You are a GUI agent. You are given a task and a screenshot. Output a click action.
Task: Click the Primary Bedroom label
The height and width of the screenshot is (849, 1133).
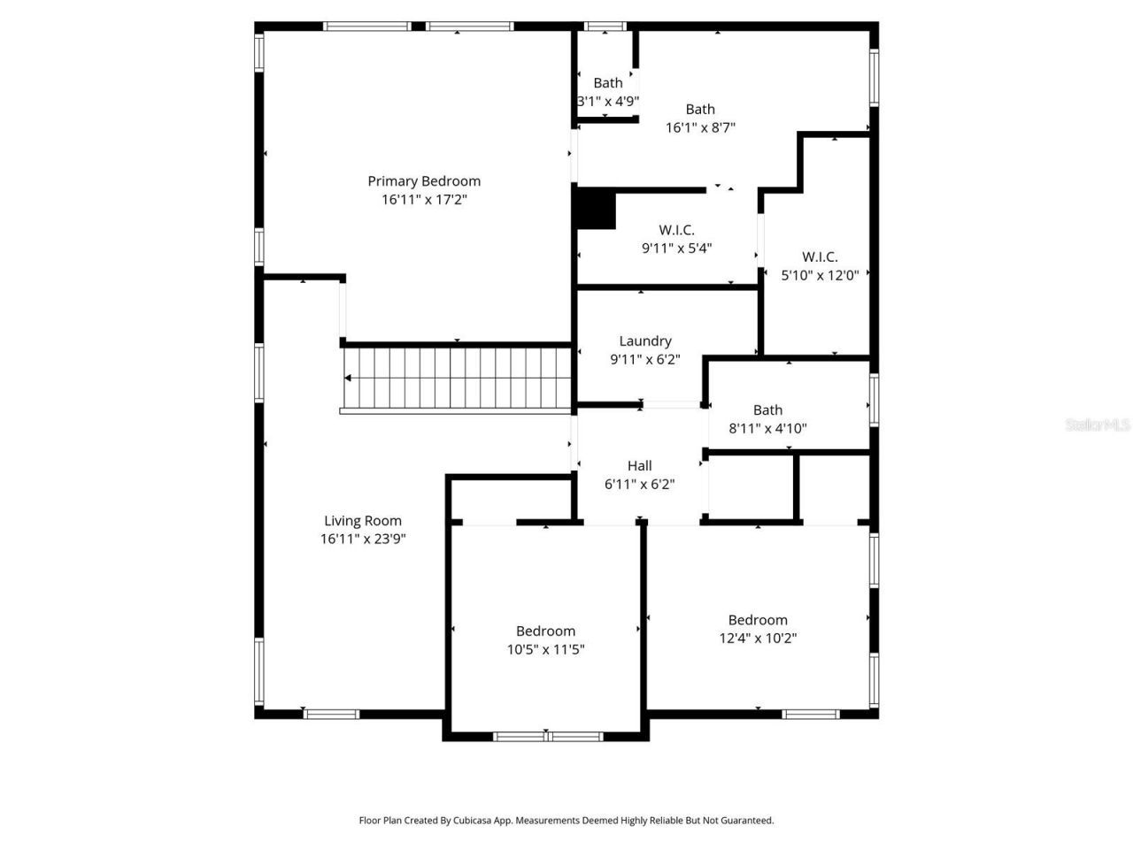coord(424,181)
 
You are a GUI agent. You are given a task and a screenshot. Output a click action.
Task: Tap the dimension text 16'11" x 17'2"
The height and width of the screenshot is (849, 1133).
coord(424,200)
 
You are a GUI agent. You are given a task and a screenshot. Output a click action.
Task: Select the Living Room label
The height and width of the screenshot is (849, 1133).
coord(363,521)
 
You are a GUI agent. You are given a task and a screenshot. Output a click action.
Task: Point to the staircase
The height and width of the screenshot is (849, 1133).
coord(457,379)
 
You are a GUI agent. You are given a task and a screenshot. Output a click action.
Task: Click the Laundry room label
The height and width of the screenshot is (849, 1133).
coord(645,341)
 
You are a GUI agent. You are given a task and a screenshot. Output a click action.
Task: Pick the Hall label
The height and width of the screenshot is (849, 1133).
coord(639,466)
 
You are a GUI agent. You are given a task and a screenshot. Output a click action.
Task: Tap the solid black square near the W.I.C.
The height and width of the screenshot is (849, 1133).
coord(596,210)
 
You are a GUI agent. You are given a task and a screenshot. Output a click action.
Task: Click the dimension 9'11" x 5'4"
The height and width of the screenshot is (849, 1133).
coord(676,249)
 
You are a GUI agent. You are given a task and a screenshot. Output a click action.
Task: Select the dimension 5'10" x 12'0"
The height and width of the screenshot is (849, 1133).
coord(820,275)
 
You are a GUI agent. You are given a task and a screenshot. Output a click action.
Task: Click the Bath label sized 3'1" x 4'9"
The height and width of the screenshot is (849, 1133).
coord(608,83)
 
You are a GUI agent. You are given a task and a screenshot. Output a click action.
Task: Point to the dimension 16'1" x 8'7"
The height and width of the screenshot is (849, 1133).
coord(700,127)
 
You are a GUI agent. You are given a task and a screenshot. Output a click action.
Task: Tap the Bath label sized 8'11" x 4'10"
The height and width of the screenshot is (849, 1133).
coord(767,410)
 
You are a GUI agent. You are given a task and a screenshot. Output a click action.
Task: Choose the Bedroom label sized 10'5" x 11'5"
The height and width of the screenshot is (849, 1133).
coord(545,631)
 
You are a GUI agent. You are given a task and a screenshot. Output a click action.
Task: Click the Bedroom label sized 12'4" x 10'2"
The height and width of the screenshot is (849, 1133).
coord(758,620)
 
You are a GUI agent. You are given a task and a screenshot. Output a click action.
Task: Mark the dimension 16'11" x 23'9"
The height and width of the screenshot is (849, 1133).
coord(363,539)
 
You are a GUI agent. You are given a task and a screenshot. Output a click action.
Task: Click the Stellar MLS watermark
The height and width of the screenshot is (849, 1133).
coord(1098,425)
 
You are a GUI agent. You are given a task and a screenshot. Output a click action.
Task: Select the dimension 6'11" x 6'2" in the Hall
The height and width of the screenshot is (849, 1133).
coord(639,485)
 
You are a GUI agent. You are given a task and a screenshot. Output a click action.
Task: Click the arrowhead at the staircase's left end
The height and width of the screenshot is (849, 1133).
coord(348,379)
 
